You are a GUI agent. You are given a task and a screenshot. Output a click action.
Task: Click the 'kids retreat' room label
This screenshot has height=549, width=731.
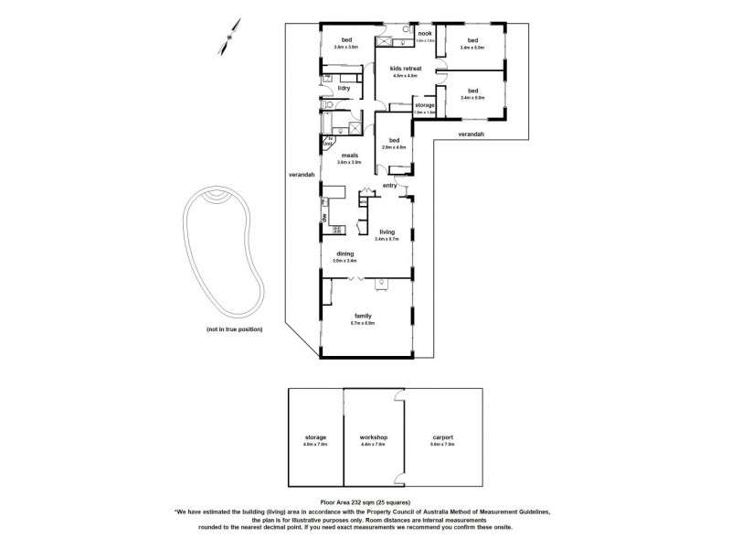403,69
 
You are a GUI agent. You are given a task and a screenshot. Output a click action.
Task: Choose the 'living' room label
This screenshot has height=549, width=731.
398,232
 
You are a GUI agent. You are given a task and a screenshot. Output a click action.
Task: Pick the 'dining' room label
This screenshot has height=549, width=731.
345,254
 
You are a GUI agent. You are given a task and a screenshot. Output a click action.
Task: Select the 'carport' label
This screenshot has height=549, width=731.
442,437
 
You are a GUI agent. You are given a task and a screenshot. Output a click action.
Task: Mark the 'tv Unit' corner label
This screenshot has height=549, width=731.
328,142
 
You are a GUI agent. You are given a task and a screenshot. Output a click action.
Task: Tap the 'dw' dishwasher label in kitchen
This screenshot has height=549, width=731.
323,217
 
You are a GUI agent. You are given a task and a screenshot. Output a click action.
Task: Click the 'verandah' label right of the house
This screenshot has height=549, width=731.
471,135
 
